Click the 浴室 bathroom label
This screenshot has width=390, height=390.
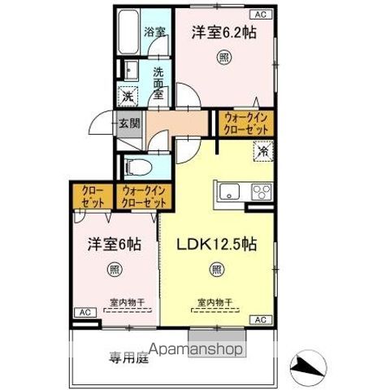click(154, 33)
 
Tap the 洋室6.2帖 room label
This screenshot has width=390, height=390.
click(225, 32)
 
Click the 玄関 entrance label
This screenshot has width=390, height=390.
click(130, 123)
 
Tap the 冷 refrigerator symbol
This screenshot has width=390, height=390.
click(263, 149)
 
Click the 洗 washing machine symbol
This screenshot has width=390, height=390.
click(128, 94)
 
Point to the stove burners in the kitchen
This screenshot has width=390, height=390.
click(262, 193)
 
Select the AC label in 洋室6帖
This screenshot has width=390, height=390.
click(83, 312)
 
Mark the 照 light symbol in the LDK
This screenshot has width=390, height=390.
click(216, 270)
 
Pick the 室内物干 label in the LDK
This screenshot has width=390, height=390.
click(215, 302)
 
